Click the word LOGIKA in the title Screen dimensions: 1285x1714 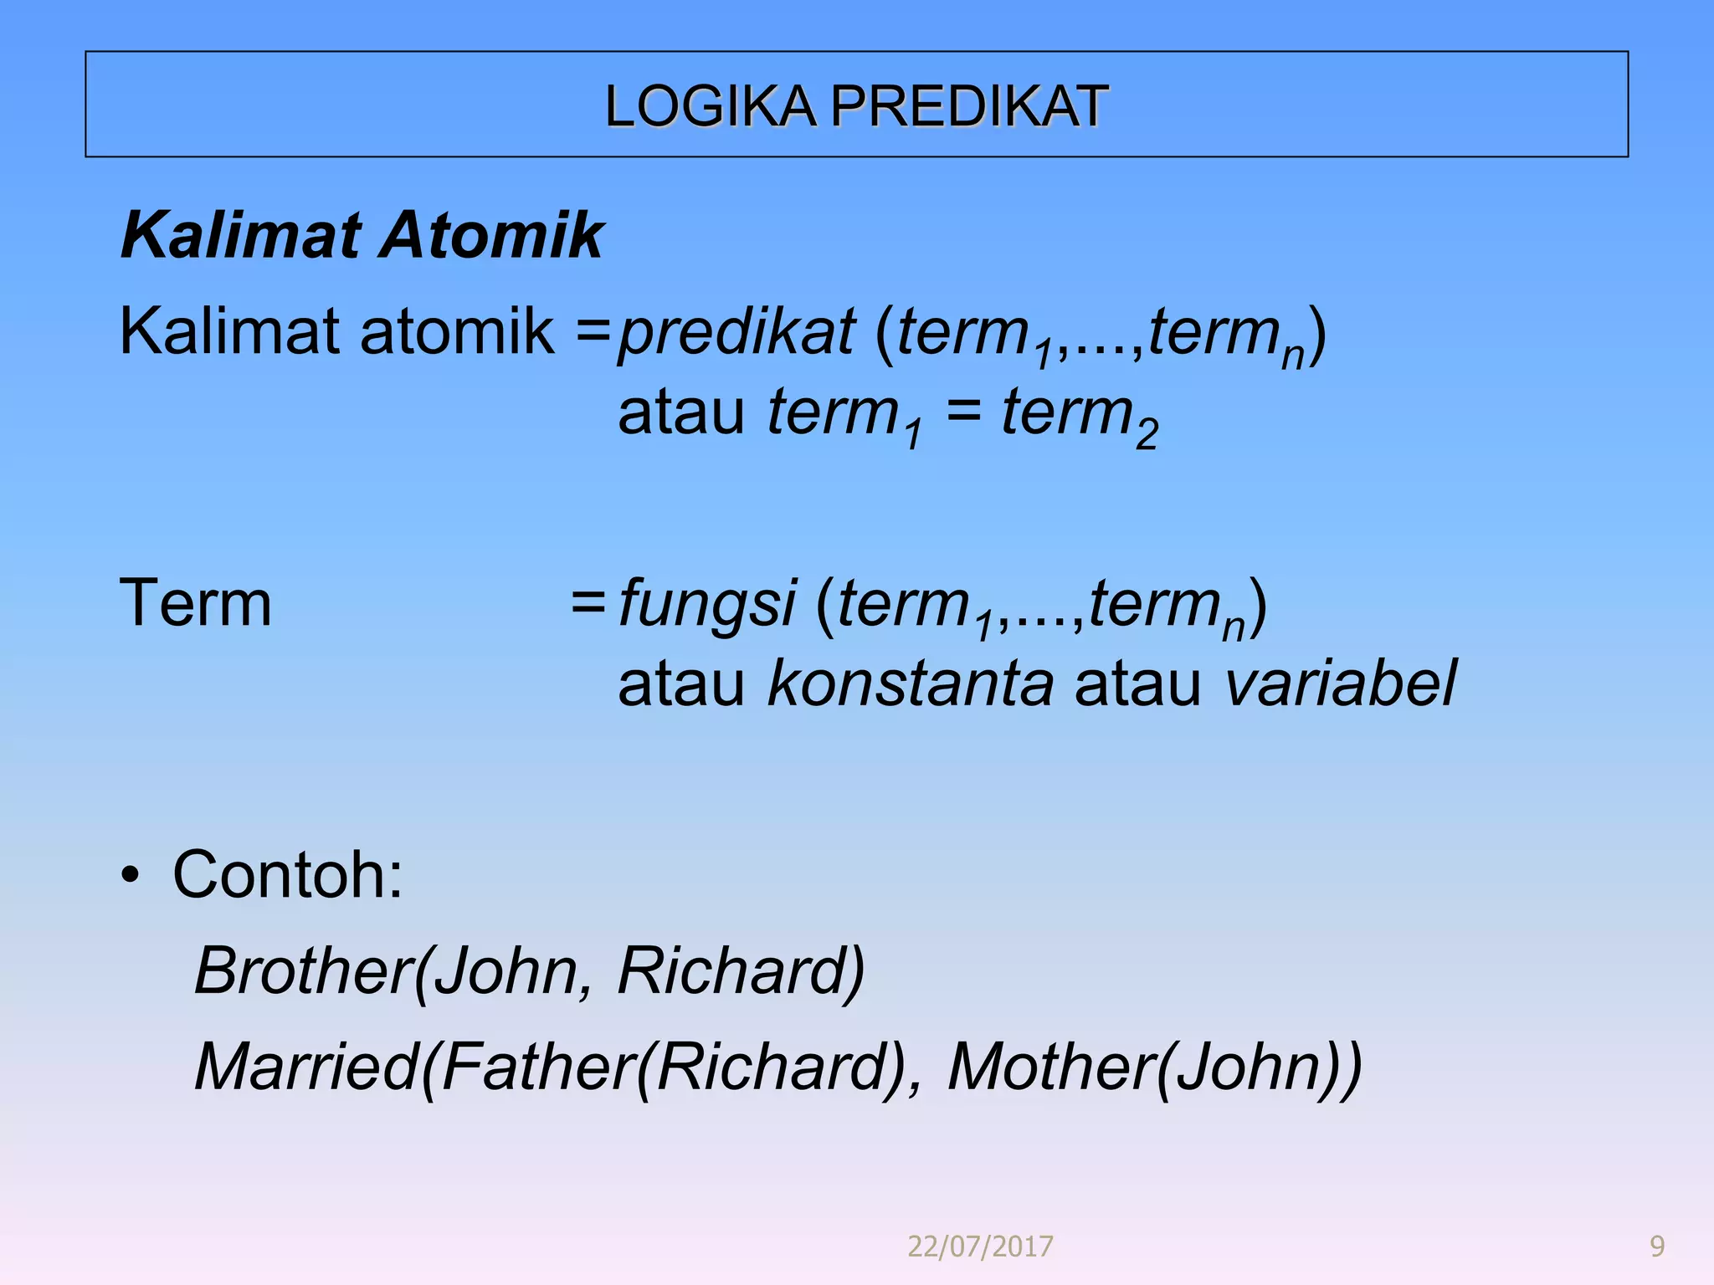click(x=710, y=106)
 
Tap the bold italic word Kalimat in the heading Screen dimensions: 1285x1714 click(x=242, y=235)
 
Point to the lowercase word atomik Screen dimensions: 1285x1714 click(x=457, y=331)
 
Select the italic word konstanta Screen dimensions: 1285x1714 click(x=911, y=683)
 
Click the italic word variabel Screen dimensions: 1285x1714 click(x=1340, y=683)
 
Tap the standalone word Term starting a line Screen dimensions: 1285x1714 click(x=196, y=603)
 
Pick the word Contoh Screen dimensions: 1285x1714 click(x=288, y=874)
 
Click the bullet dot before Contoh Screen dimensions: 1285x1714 click(x=130, y=876)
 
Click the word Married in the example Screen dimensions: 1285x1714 click(x=306, y=1067)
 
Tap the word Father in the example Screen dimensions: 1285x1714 click(x=536, y=1067)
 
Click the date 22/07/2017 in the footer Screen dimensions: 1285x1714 click(x=980, y=1247)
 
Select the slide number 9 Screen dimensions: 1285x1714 click(x=1656, y=1247)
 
